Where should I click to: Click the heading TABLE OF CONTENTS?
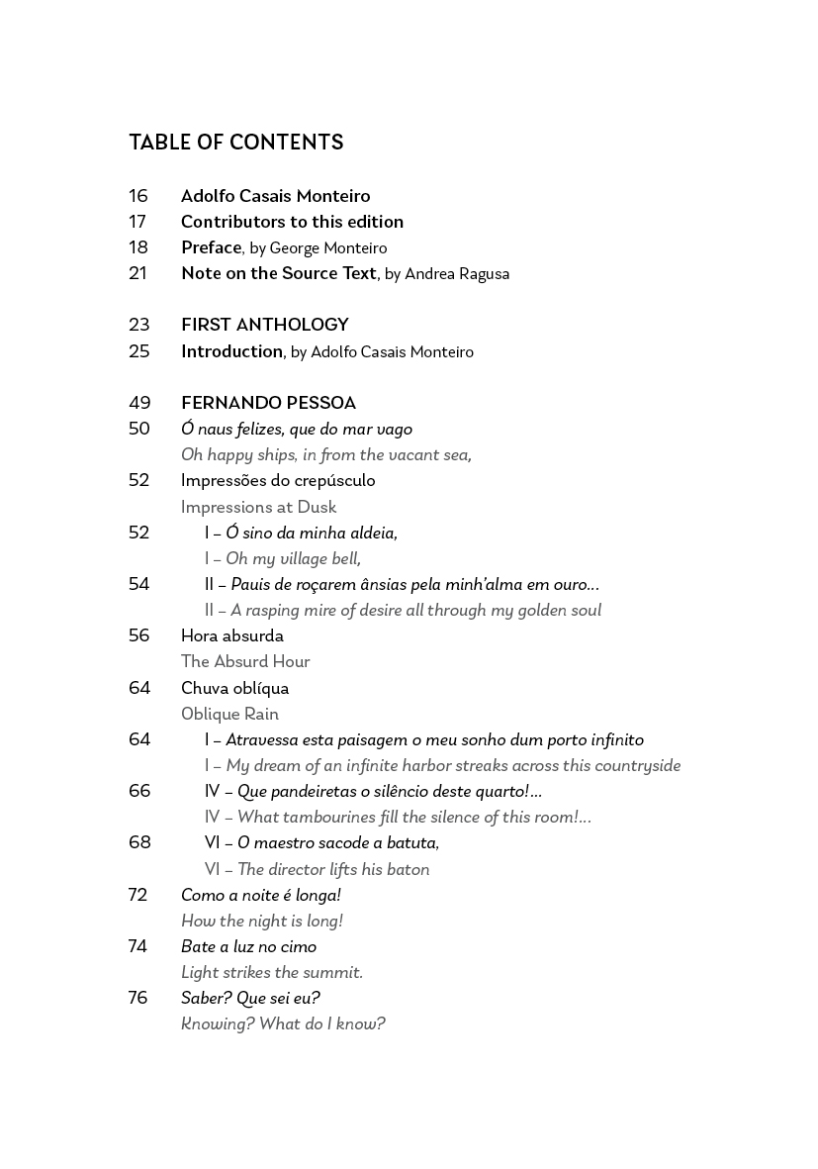pyautogui.click(x=235, y=144)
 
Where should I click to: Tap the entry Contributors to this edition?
pyautogui.click(x=292, y=222)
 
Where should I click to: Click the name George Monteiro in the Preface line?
pyautogui.click(x=327, y=248)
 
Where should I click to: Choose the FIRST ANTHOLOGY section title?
pyautogui.click(x=264, y=325)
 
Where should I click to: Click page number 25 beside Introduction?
pyautogui.click(x=138, y=351)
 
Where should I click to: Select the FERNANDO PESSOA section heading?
pyautogui.click(x=268, y=403)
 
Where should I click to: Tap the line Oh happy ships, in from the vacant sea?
pyautogui.click(x=325, y=455)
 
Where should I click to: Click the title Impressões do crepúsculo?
pyautogui.click(x=278, y=481)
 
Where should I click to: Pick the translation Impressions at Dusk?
pyautogui.click(x=258, y=507)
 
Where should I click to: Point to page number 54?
pyautogui.click(x=138, y=584)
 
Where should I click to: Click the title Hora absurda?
pyautogui.click(x=231, y=636)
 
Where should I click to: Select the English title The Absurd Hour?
pyautogui.click(x=245, y=662)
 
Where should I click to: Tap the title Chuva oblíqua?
pyautogui.click(x=234, y=688)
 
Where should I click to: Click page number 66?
pyautogui.click(x=138, y=791)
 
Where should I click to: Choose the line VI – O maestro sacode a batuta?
pyautogui.click(x=321, y=843)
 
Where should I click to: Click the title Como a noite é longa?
pyautogui.click(x=260, y=895)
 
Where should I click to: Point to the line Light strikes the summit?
pyautogui.click(x=271, y=973)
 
